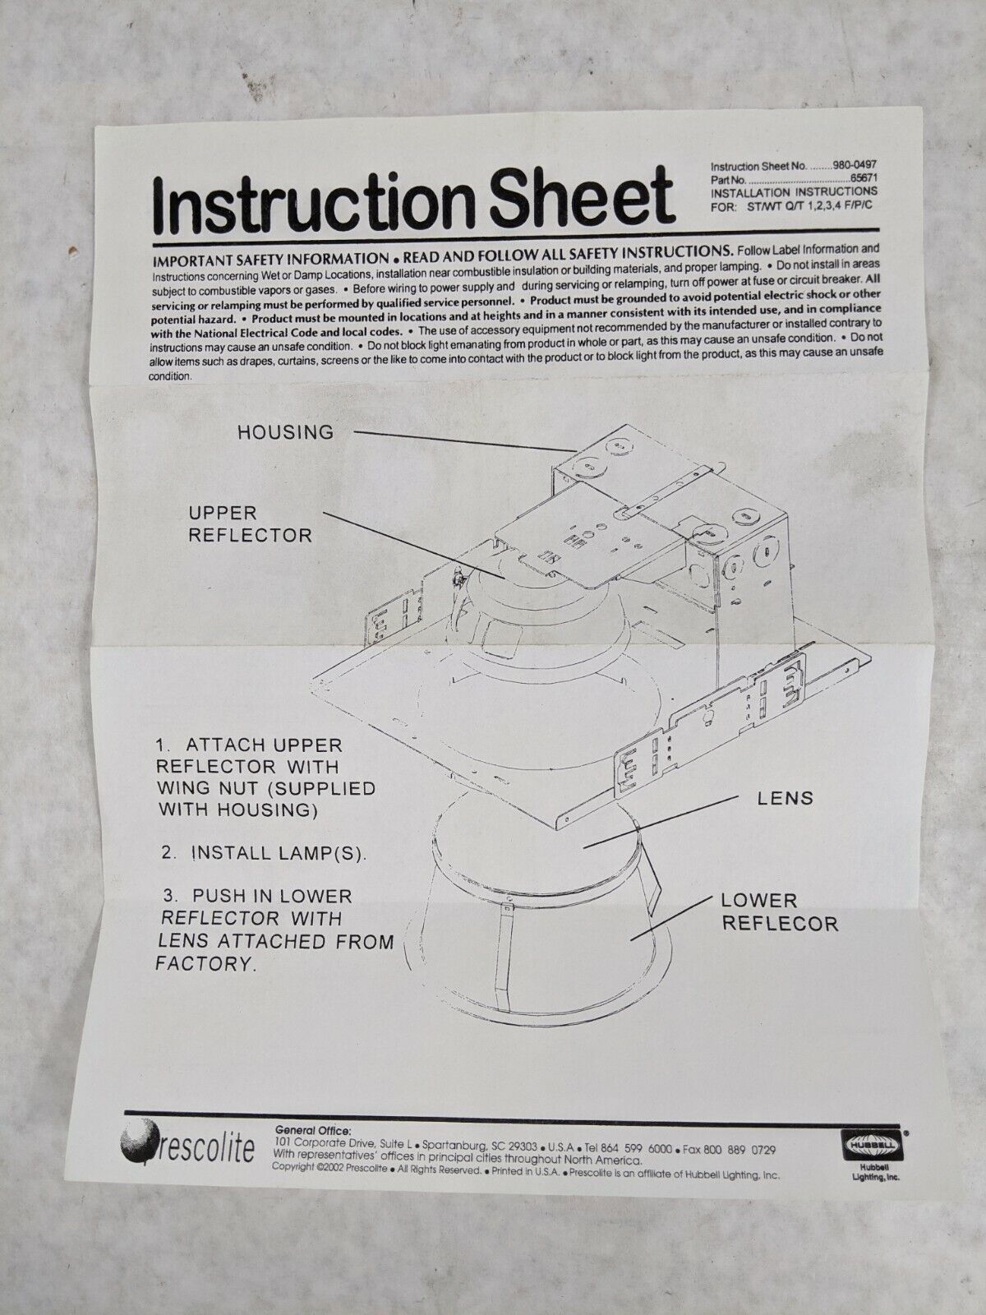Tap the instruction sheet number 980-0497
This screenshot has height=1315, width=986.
coord(855,165)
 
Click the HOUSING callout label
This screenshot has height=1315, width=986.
coord(286,432)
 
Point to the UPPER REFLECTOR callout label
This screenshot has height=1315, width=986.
coord(251,524)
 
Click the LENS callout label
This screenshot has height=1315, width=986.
coord(786,798)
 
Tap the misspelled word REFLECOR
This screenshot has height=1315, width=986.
coord(780,924)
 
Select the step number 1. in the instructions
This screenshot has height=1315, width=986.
coord(164,745)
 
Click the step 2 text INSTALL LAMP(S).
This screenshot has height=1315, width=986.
coord(279,853)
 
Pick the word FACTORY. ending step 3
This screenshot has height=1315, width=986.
coord(205,964)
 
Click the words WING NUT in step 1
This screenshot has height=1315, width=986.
coord(207,788)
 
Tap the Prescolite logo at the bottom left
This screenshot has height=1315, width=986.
coord(187,1147)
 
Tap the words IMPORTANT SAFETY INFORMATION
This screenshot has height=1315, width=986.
coord(270,260)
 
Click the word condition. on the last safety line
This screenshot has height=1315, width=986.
coord(171,376)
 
